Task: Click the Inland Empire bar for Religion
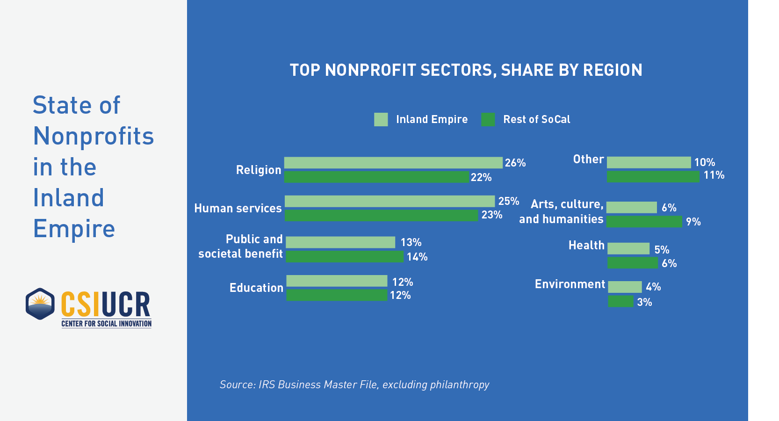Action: click(x=393, y=163)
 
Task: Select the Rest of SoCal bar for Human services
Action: click(x=381, y=215)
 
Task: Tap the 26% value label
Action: click(x=515, y=163)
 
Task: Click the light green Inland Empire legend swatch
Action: click(x=381, y=119)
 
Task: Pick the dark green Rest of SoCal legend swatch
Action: click(x=488, y=119)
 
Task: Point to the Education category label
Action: click(x=256, y=288)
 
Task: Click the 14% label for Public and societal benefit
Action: click(x=417, y=257)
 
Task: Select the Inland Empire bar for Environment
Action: click(x=625, y=287)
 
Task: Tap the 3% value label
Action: click(x=644, y=302)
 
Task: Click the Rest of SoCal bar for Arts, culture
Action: click(x=644, y=221)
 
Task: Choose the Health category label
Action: click(x=586, y=245)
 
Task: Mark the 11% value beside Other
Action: click(x=714, y=175)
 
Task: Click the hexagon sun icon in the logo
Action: click(x=40, y=304)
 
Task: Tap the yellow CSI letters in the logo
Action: click(x=80, y=304)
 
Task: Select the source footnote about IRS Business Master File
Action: click(x=354, y=385)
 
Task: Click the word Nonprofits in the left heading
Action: click(x=94, y=136)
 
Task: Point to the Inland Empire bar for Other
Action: click(x=649, y=162)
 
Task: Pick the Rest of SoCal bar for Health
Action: click(x=632, y=263)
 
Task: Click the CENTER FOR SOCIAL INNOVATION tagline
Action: click(x=107, y=324)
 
